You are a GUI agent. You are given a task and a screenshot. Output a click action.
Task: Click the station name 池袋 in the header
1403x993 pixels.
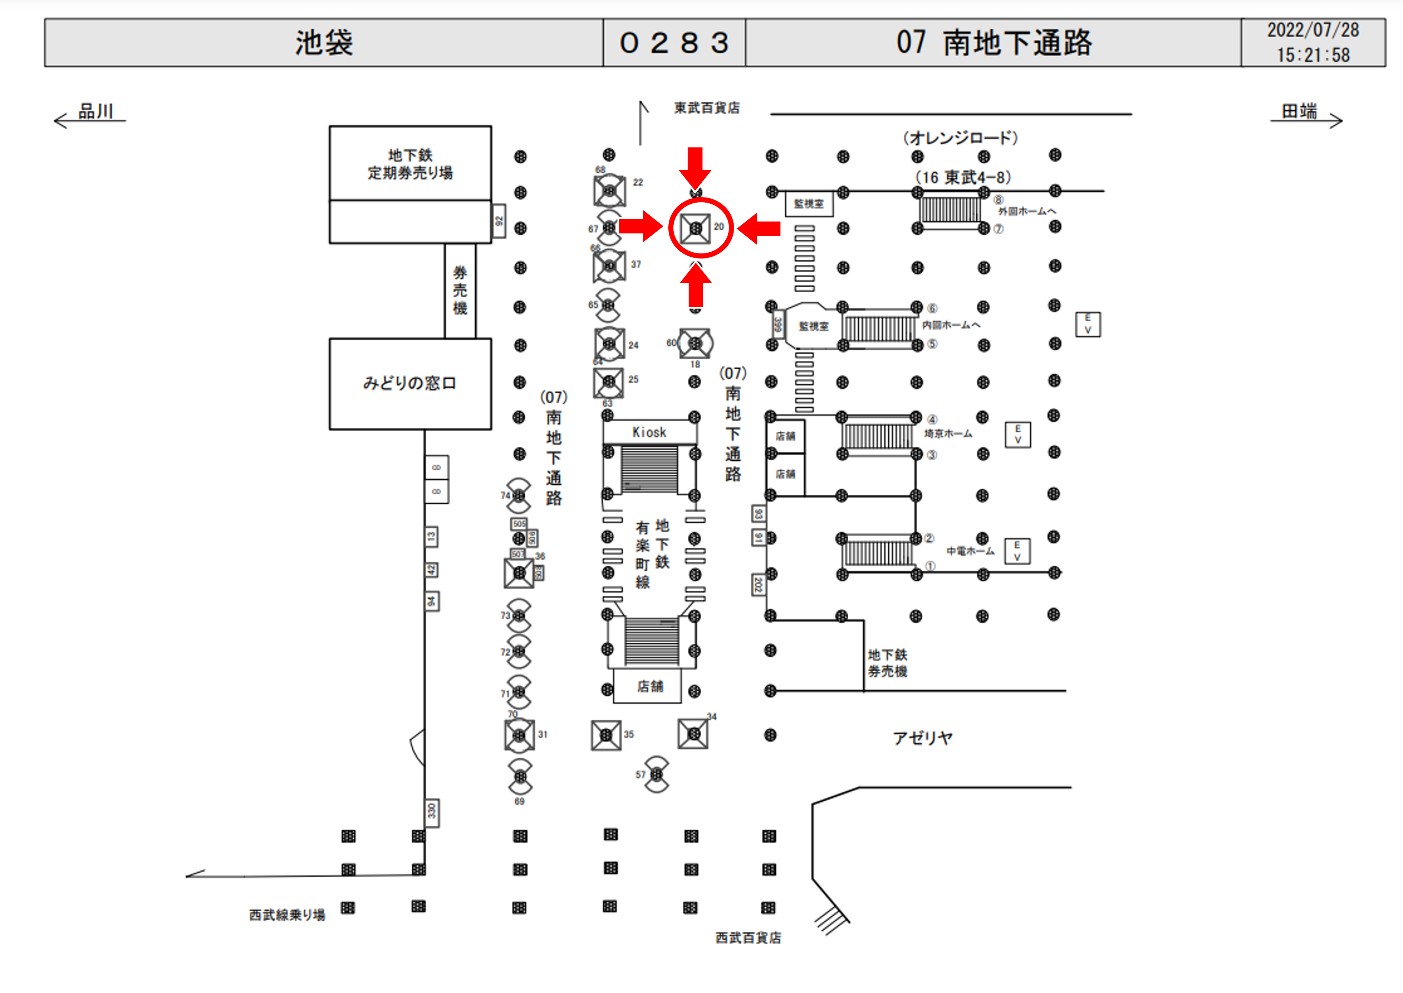coord(324,43)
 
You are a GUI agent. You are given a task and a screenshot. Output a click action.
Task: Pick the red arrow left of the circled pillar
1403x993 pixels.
coord(641,227)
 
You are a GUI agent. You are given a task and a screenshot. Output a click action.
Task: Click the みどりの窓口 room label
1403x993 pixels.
coord(409,383)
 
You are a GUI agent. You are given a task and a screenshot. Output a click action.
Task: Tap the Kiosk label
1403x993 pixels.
coord(649,432)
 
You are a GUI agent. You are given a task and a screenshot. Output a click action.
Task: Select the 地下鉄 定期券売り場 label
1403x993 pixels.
coord(409,164)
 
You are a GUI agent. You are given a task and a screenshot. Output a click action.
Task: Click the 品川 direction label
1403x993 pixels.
coord(96,111)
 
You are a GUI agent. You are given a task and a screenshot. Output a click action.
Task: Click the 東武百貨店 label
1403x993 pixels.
coord(707,108)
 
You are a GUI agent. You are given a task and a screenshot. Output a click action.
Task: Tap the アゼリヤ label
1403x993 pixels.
coord(922,738)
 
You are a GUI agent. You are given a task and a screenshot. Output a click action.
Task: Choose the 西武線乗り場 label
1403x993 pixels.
coord(287,915)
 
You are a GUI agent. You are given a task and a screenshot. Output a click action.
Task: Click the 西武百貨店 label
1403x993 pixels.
coord(748,937)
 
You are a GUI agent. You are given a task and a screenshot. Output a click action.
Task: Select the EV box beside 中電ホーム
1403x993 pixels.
coord(1017,551)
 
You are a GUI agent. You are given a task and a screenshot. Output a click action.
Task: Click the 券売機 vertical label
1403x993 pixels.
coord(460,290)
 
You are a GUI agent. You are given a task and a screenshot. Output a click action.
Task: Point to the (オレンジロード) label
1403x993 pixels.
coord(961,138)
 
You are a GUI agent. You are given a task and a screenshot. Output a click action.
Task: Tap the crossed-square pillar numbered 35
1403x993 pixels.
coord(606,735)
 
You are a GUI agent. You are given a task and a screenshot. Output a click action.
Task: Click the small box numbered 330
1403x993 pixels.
coord(432,812)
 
